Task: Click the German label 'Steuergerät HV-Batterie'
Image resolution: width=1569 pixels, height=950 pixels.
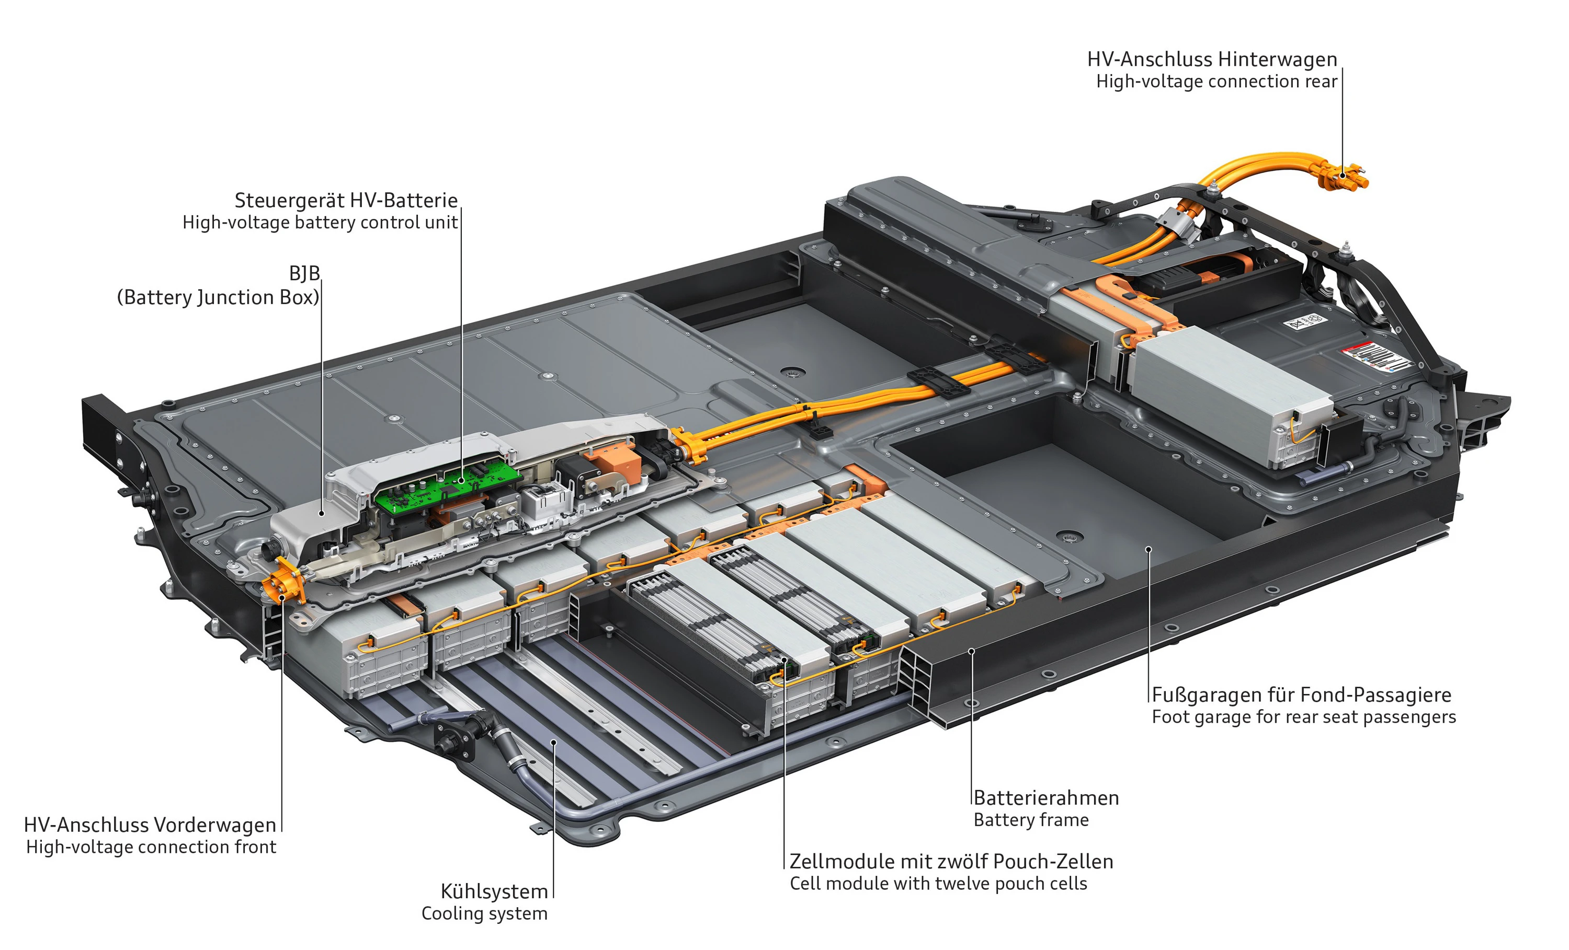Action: [346, 201]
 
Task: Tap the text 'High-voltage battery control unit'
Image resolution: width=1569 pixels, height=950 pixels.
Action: [320, 223]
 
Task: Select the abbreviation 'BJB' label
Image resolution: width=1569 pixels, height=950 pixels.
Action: [304, 274]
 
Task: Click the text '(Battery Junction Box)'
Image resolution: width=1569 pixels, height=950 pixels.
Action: [218, 297]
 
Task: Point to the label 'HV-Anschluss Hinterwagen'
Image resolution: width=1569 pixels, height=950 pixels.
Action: [1211, 59]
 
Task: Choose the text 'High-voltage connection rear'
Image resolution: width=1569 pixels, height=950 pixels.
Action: [1216, 82]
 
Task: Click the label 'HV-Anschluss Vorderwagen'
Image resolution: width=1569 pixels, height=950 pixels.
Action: [150, 825]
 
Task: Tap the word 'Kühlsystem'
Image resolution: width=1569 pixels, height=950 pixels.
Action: [494, 891]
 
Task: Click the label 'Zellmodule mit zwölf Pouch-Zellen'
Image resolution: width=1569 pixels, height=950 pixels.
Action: [951, 861]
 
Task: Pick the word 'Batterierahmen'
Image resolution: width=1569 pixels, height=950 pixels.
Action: [1045, 797]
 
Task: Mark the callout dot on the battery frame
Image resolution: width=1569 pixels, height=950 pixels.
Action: [972, 651]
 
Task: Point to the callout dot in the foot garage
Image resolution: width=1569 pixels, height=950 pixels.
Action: [1149, 549]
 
